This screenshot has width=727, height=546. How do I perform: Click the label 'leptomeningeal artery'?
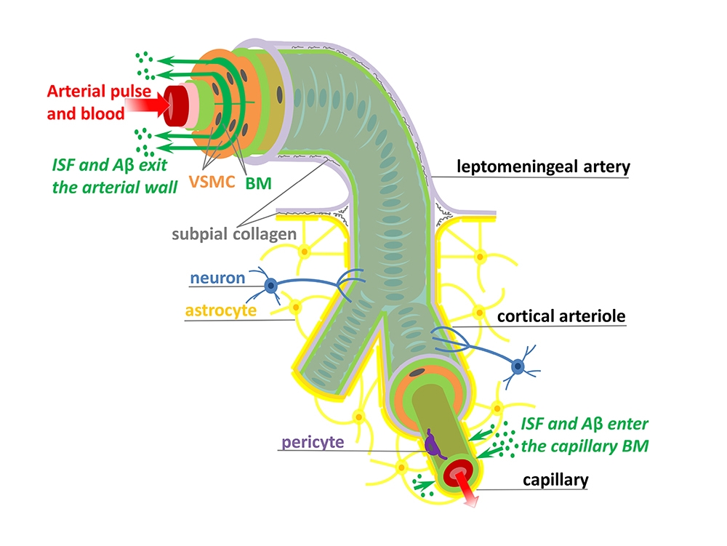click(543, 167)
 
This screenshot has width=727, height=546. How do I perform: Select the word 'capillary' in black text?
click(555, 480)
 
